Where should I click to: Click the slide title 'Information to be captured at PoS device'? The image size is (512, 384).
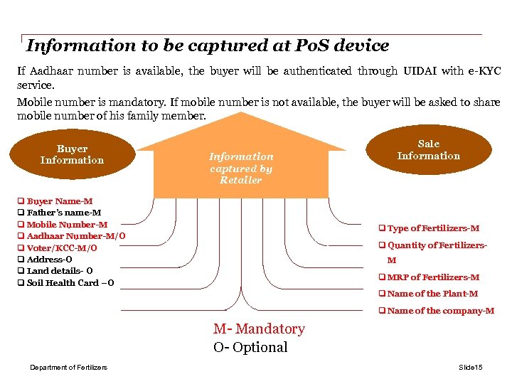pyautogui.click(x=208, y=46)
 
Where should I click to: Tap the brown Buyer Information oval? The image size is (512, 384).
pyautogui.click(x=72, y=154)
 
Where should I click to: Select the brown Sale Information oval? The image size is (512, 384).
pyautogui.click(x=428, y=150)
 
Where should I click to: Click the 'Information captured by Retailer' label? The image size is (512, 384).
pyautogui.click(x=241, y=168)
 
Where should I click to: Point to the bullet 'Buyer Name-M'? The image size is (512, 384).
pyautogui.click(x=60, y=201)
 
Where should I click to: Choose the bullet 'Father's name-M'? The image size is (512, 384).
pyautogui.click(x=63, y=213)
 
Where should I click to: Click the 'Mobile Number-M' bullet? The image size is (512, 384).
pyautogui.click(x=67, y=225)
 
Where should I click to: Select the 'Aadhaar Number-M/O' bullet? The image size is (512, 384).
pyautogui.click(x=76, y=236)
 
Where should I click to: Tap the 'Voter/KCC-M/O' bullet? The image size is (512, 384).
pyautogui.click(x=62, y=248)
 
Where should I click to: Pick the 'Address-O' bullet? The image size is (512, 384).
pyautogui.click(x=49, y=260)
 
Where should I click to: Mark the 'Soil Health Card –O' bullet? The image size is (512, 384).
pyautogui.click(x=70, y=283)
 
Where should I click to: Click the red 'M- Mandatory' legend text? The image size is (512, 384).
pyautogui.click(x=259, y=329)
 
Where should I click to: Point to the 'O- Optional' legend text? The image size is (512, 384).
pyautogui.click(x=250, y=348)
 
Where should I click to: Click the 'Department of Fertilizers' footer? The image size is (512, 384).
pyautogui.click(x=68, y=367)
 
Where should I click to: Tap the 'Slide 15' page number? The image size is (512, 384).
pyautogui.click(x=470, y=367)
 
